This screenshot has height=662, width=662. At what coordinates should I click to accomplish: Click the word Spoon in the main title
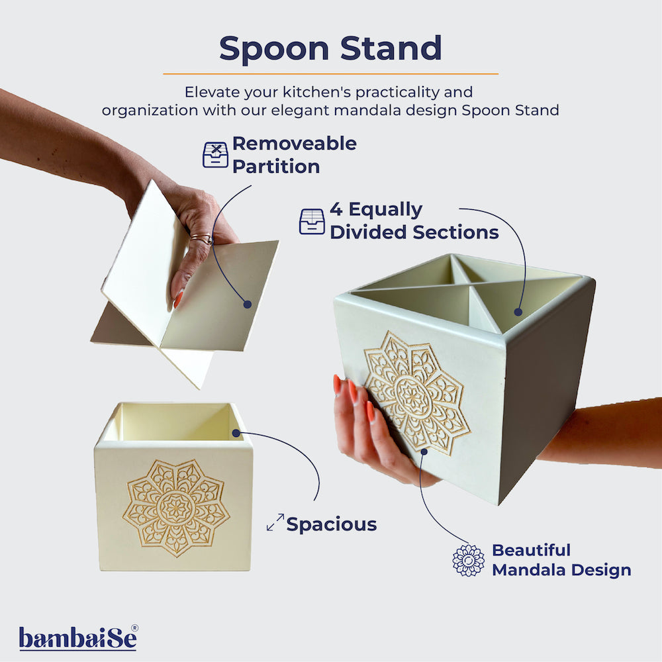point(273,48)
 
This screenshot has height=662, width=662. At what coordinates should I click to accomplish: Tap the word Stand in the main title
point(390,48)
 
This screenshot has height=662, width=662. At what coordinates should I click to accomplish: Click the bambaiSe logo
point(78,638)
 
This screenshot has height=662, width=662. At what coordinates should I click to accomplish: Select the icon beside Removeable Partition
point(215,154)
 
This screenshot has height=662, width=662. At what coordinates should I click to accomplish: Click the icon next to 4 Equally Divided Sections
point(312,221)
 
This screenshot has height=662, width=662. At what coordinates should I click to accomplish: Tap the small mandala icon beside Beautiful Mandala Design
point(468,560)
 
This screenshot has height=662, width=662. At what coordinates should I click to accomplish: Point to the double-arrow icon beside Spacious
point(275,522)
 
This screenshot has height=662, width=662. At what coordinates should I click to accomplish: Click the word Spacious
point(332,524)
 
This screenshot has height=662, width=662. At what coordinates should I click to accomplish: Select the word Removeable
point(294,143)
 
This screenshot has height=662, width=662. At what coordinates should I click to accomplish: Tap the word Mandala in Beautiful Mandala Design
point(534,569)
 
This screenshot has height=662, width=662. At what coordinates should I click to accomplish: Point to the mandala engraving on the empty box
point(176,508)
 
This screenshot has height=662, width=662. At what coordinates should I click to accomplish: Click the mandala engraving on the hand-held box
point(418,395)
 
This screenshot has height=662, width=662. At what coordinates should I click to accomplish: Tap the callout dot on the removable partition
point(247,305)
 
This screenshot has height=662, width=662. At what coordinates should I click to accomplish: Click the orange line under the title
point(330,73)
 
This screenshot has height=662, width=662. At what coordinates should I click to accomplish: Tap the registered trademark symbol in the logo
point(134,628)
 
